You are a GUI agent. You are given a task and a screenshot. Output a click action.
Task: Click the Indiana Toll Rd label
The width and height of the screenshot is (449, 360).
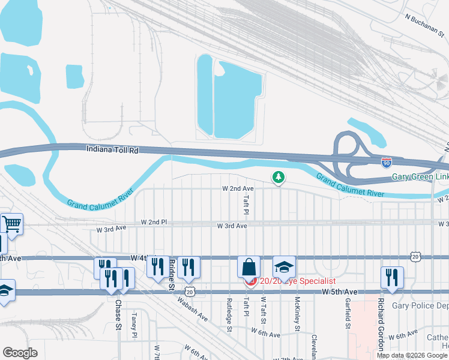click(112, 150)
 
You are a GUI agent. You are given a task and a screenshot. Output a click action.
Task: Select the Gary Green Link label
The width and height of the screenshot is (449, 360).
click(420, 177)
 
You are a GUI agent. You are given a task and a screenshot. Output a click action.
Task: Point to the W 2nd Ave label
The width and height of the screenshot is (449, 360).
click(238, 188)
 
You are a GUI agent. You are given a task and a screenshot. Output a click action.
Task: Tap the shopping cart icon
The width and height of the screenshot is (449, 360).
click(11, 224)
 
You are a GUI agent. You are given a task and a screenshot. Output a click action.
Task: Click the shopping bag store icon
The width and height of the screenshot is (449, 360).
click(249, 267)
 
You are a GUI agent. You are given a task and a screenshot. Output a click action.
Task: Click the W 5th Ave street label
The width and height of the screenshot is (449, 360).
click(340, 292)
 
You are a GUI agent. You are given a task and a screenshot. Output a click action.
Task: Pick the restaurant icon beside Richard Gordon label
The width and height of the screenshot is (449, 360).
click(391, 277)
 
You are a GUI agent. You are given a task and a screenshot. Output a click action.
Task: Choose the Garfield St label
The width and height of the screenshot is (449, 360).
click(348, 314)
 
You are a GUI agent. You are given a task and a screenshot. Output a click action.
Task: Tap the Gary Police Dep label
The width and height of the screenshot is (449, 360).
click(420, 306)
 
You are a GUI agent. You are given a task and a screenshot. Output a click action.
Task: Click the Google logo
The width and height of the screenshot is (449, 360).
click(20, 353)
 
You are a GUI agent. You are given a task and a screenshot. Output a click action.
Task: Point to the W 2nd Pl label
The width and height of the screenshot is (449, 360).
click(153, 222)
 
